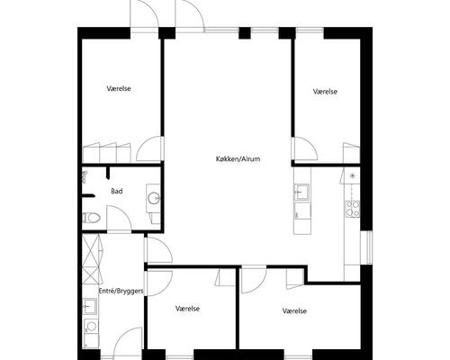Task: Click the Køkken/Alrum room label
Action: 238,157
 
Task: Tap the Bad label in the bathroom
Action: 117,191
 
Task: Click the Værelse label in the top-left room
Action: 120,89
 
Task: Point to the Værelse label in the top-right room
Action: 326,92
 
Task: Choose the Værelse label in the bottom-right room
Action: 294,310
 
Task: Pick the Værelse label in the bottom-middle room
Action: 187,309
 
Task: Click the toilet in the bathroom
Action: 91,217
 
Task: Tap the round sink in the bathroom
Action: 154,197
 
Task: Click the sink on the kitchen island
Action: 301,191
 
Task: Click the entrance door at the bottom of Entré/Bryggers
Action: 128,340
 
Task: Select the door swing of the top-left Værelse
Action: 151,149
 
